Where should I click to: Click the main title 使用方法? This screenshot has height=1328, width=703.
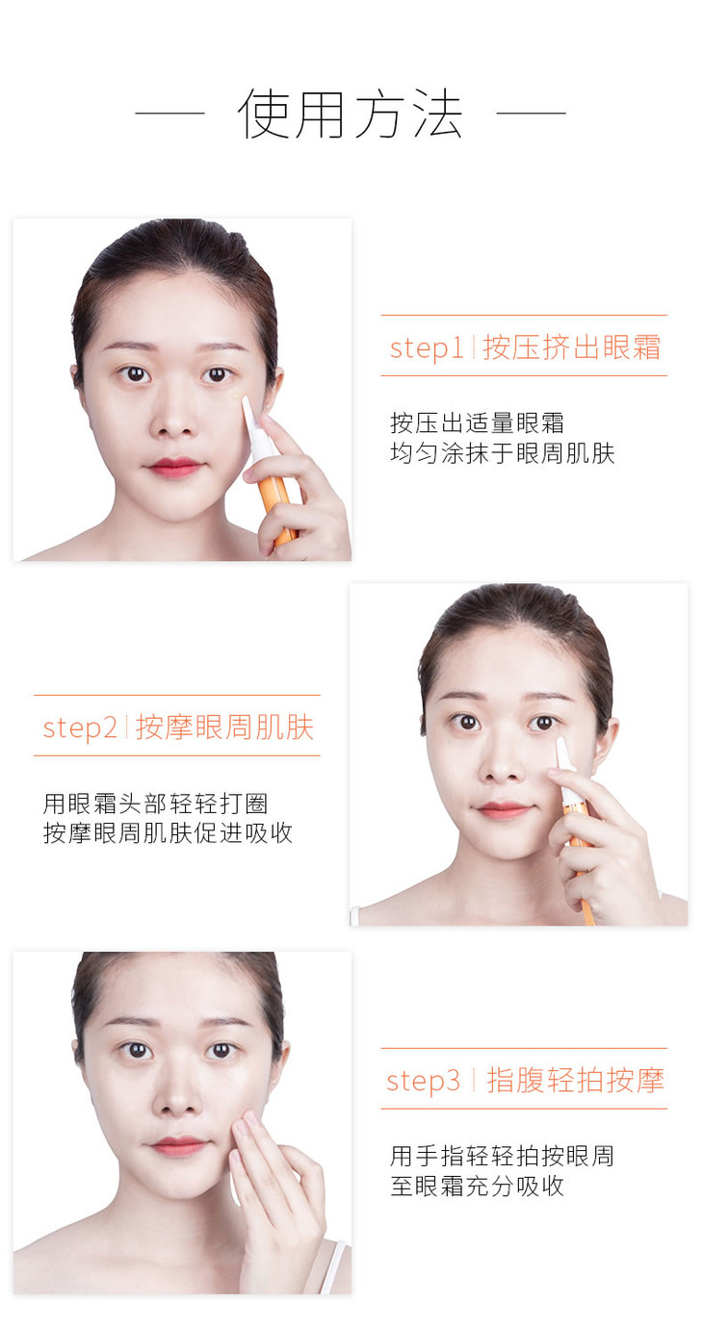(x=350, y=114)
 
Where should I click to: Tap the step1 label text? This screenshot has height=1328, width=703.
(x=426, y=348)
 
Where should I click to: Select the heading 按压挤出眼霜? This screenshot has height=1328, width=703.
(x=571, y=346)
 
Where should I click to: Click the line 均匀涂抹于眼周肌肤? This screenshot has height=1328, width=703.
(x=502, y=453)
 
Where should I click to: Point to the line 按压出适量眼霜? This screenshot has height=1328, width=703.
(x=477, y=422)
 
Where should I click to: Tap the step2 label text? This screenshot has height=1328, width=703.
(x=80, y=728)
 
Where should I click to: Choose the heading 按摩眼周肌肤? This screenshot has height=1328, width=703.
(x=224, y=727)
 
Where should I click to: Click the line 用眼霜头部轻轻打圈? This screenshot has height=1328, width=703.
(x=155, y=804)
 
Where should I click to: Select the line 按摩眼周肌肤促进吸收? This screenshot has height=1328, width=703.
(x=168, y=833)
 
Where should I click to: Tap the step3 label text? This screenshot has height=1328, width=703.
(x=423, y=1080)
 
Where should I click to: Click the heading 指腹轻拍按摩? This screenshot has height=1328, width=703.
(x=576, y=1079)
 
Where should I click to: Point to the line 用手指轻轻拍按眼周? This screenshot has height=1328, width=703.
(x=502, y=1156)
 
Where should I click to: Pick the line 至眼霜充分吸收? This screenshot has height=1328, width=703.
(x=477, y=1186)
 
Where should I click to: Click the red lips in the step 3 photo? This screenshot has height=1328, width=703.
(x=176, y=1146)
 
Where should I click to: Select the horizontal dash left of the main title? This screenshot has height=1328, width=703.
(x=170, y=112)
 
